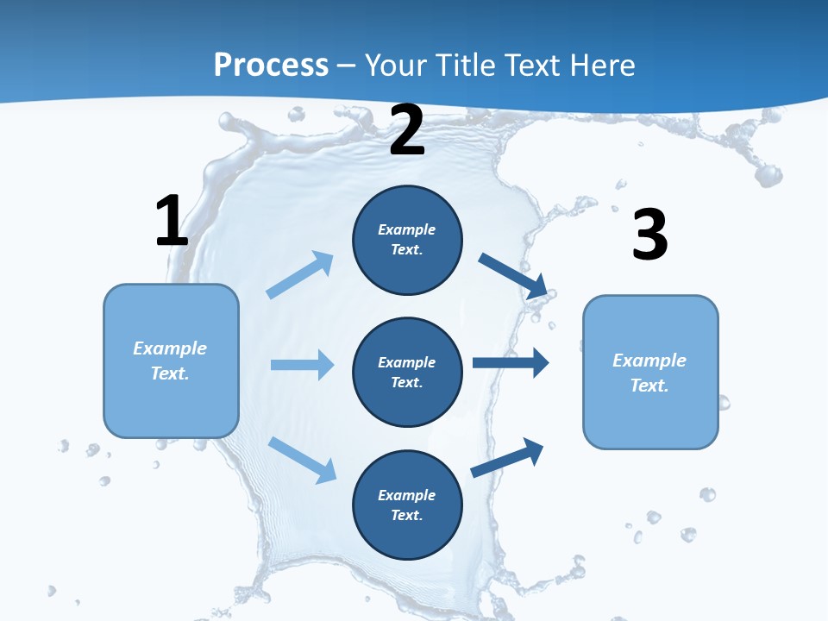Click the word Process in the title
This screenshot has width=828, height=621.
(271, 66)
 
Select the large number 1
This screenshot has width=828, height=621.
(172, 221)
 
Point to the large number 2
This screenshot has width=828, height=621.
(407, 130)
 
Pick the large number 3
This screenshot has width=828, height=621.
(649, 235)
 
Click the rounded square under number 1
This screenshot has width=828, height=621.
(171, 361)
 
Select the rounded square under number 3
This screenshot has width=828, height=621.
(650, 372)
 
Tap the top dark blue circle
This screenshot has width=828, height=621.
(407, 240)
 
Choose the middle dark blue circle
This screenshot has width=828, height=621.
(407, 372)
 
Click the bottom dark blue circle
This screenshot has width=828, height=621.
(407, 505)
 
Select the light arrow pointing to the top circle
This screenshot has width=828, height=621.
(300, 274)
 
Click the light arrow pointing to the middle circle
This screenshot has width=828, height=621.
(302, 365)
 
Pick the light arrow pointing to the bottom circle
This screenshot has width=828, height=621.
(302, 459)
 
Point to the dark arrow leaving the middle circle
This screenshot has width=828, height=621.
(511, 363)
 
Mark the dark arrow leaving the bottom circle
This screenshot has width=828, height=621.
(507, 457)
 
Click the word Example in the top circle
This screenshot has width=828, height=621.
(407, 230)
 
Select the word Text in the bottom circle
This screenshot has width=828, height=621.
(406, 515)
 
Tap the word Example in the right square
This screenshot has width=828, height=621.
(649, 361)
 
